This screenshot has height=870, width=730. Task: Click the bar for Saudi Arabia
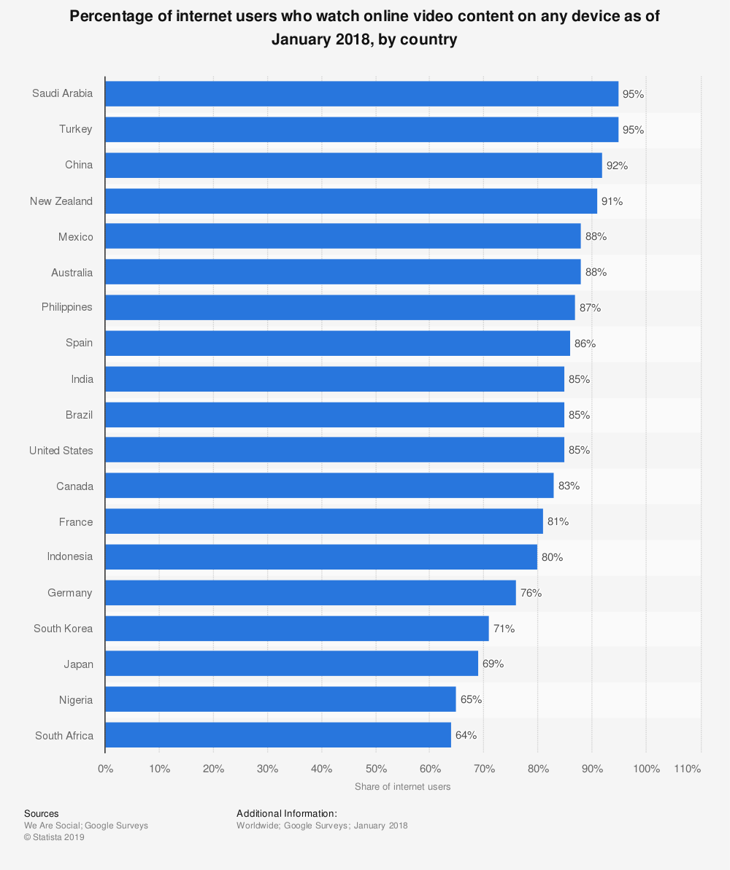tap(361, 94)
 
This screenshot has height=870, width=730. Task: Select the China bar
tap(353, 166)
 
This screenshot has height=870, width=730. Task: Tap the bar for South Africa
tap(278, 735)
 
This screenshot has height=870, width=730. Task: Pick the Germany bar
tap(310, 593)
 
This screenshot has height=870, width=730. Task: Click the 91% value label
tap(612, 201)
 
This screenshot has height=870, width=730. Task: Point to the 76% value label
tap(531, 593)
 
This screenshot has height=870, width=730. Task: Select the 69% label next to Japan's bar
tap(493, 664)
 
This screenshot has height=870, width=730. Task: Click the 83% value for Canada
tap(569, 486)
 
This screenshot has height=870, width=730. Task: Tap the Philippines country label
tap(67, 307)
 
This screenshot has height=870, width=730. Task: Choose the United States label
tap(61, 451)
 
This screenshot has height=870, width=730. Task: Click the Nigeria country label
tap(76, 700)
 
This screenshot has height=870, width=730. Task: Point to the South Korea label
tap(64, 629)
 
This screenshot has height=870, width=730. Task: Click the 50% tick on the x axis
tap(376, 769)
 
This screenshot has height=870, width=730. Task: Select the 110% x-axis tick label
tap(688, 769)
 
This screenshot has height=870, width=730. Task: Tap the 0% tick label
tap(105, 769)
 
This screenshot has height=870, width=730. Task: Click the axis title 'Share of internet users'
tap(402, 787)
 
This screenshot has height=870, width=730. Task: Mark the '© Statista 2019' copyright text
tap(54, 837)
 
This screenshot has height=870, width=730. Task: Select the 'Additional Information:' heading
tap(287, 813)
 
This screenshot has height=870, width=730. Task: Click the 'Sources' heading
tap(42, 813)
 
